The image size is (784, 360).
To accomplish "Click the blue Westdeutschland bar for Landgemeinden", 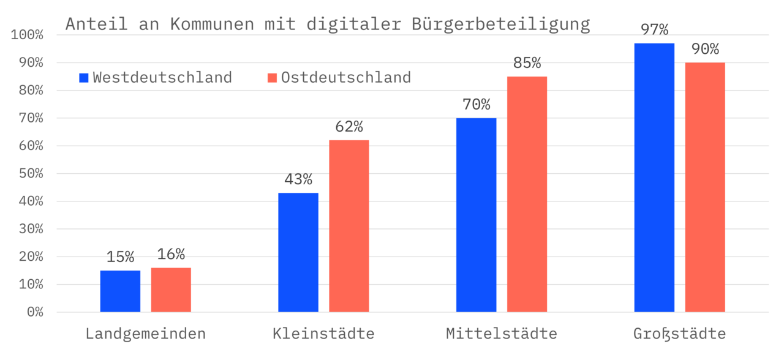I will [120, 291].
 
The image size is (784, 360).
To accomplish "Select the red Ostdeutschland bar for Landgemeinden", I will [171, 290].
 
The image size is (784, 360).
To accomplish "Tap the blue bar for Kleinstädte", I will [298, 252].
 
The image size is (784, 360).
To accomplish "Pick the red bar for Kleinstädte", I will [349, 226].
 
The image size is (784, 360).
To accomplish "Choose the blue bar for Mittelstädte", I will [476, 215].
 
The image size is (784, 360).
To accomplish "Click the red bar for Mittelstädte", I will [527, 194].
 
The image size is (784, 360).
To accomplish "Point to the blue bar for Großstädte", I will [654, 178].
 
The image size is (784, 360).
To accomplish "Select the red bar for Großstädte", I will [705, 187].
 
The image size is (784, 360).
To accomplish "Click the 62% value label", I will [349, 127].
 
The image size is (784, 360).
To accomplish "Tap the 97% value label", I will [654, 30].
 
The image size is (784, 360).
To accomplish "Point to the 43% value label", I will [298, 179].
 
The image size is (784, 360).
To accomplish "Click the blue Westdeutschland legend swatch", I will [84, 78].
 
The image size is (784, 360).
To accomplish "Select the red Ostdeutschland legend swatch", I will [273, 78].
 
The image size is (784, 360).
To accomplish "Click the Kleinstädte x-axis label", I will [323, 334].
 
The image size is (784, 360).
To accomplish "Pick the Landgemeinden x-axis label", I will [146, 334].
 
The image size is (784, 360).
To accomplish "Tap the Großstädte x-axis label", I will [679, 334].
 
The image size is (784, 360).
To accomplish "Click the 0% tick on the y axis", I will [35, 312].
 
